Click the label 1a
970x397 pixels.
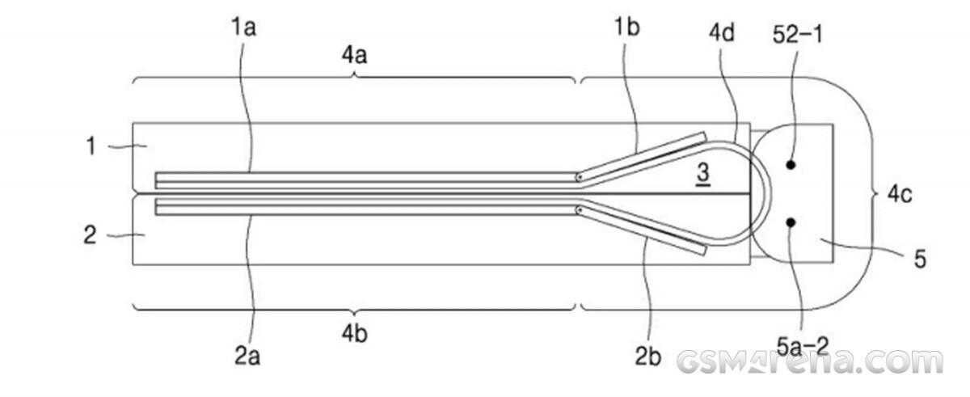point(244,29)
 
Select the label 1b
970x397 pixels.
point(626,29)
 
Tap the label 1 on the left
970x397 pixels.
point(93,146)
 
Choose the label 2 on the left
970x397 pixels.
point(91,234)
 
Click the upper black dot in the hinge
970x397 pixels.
point(791,164)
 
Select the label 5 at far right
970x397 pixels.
point(920,260)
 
